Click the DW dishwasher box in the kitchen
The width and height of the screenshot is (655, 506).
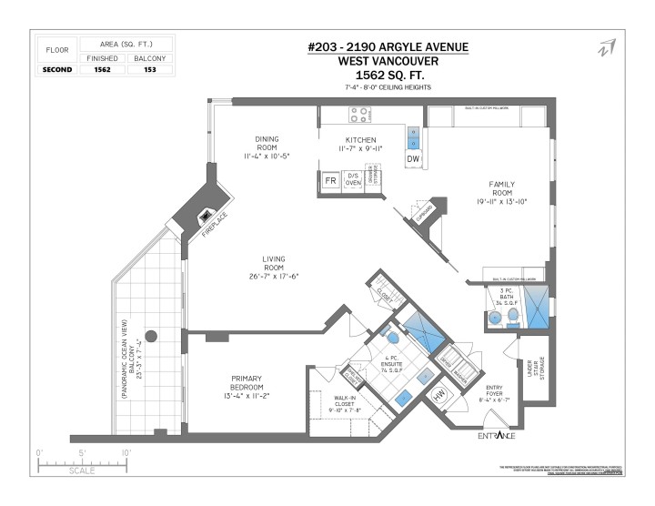(413, 160)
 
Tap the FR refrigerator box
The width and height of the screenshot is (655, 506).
(331, 181)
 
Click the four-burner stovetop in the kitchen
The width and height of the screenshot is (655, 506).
(358, 116)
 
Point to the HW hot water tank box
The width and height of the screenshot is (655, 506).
(438, 396)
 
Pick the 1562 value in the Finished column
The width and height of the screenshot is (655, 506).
(102, 69)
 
